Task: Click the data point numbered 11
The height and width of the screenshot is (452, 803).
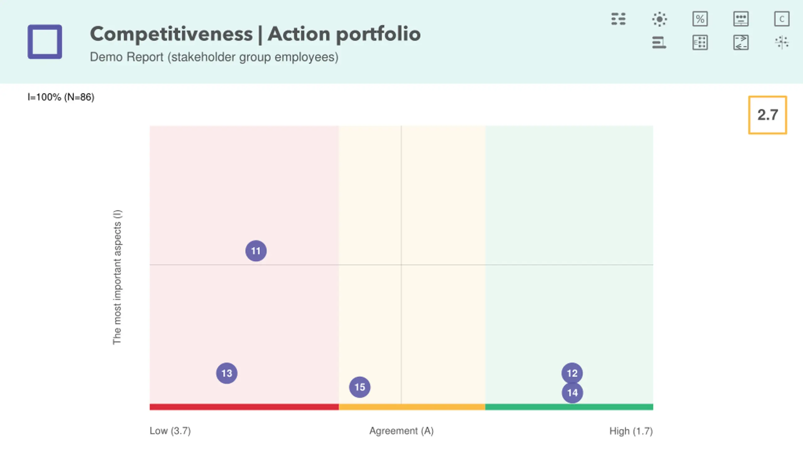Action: (256, 251)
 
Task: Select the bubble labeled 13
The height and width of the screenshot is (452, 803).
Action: (227, 373)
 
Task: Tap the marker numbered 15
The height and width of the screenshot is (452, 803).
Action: (360, 387)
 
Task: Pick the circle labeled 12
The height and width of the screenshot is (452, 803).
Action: (572, 373)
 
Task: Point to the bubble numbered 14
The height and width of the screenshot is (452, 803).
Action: (572, 393)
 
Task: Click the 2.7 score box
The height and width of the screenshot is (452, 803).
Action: (768, 115)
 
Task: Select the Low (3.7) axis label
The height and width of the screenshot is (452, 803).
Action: (170, 431)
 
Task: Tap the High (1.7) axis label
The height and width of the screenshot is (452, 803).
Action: (631, 431)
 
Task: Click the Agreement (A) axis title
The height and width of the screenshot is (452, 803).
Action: (401, 431)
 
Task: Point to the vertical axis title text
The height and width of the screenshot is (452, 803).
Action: (117, 277)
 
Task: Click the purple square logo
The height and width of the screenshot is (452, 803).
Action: (45, 42)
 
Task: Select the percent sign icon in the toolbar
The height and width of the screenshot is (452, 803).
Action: (700, 19)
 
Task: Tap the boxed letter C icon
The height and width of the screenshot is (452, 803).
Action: (782, 19)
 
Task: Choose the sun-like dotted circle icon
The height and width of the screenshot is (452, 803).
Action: (659, 19)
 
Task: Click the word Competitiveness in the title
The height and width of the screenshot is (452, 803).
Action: (171, 34)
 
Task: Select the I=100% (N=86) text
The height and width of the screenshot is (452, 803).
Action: (61, 97)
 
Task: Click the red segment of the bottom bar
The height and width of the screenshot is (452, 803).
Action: (244, 407)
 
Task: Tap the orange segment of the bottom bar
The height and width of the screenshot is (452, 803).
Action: (412, 407)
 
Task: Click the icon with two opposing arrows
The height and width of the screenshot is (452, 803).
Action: (741, 42)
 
